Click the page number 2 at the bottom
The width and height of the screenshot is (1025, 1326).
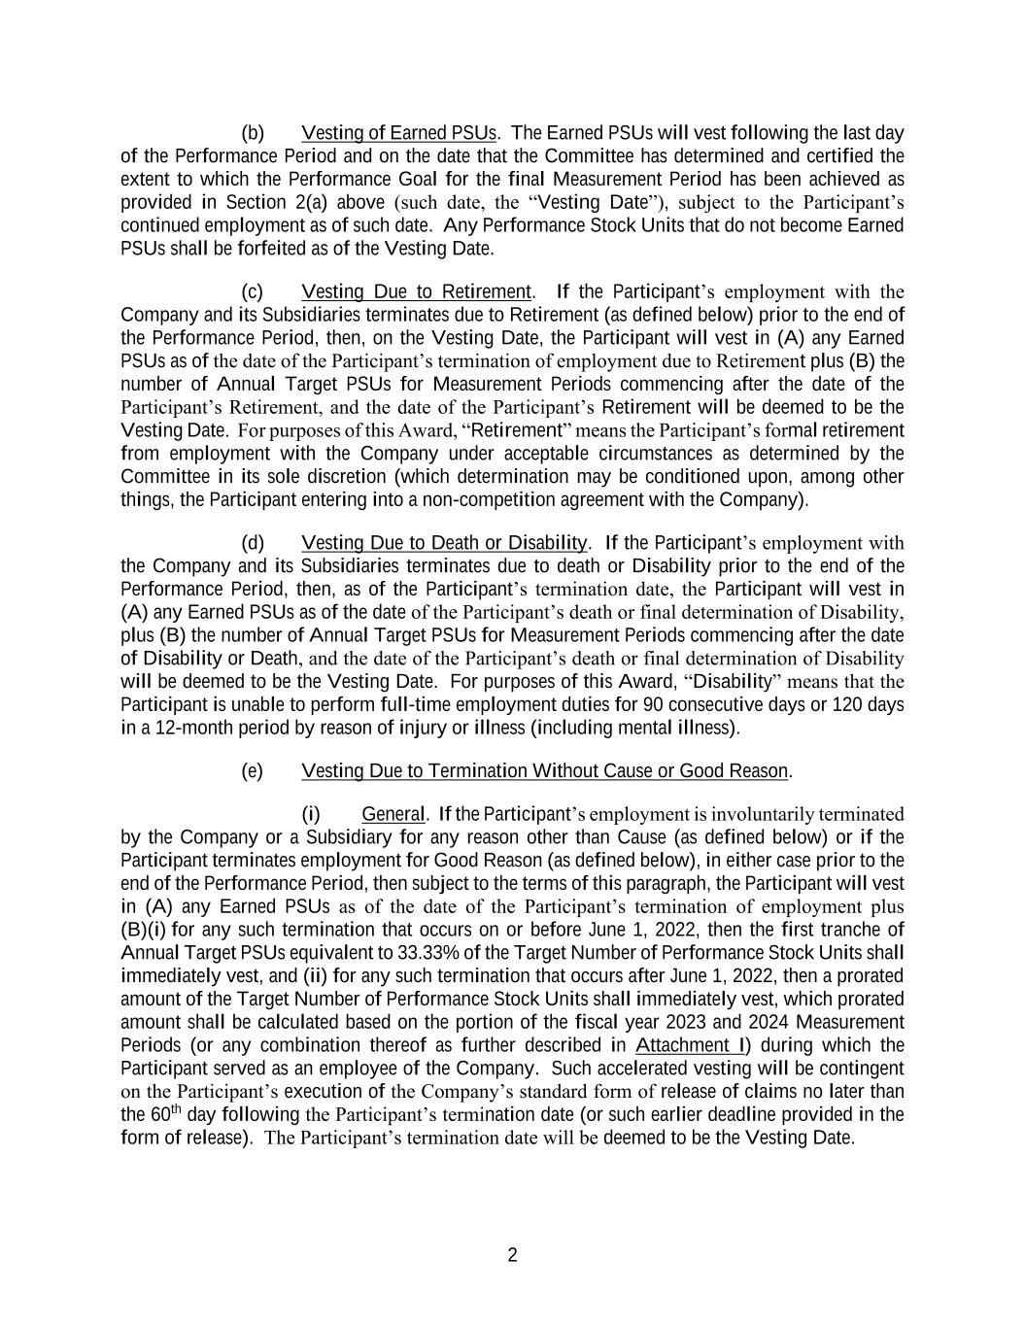pyautogui.click(x=512, y=1255)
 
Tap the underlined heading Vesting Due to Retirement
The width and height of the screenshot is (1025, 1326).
pyautogui.click(x=417, y=291)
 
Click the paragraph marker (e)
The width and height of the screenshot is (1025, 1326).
pyautogui.click(x=252, y=770)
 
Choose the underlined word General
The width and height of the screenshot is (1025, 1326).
pyautogui.click(x=393, y=814)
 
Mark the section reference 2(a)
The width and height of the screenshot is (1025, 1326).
pyautogui.click(x=310, y=202)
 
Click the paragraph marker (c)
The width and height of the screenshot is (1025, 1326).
pyautogui.click(x=252, y=291)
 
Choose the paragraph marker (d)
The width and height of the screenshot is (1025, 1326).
pyautogui.click(x=252, y=542)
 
